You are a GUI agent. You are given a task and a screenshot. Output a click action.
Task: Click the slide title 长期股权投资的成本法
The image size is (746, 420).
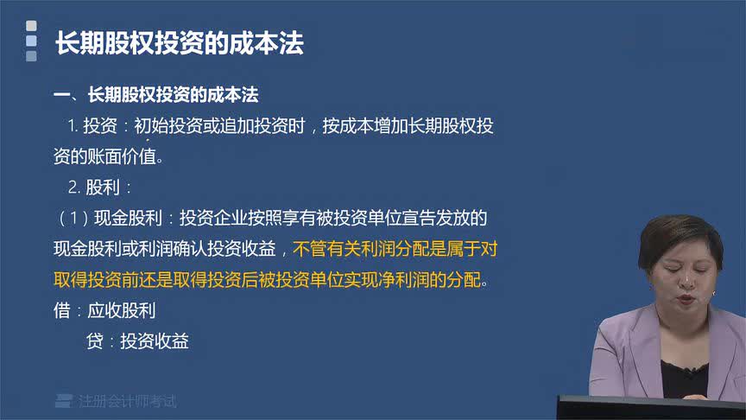tap(180, 44)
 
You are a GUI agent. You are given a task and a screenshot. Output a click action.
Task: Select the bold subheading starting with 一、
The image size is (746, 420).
tap(155, 94)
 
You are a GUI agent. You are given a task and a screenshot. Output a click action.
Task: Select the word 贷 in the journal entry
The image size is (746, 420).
tap(94, 341)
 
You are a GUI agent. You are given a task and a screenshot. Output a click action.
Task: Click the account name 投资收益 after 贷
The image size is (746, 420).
tap(155, 341)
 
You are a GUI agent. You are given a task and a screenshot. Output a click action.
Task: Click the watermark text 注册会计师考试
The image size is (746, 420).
tap(127, 401)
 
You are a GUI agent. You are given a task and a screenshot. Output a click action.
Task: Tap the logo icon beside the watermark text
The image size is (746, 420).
tap(63, 401)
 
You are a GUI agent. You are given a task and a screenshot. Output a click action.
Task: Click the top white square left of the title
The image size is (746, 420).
tap(32, 26)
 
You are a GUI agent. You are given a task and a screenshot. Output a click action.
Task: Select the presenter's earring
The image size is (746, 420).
tap(713, 295)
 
